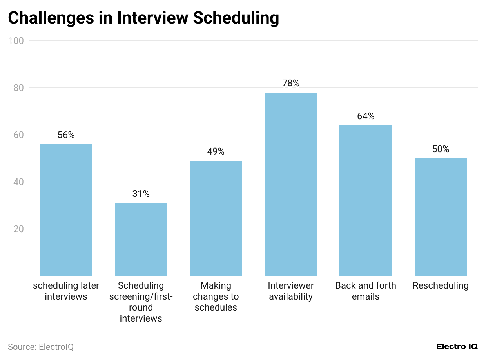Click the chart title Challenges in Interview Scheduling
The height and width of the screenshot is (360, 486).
[x=143, y=18]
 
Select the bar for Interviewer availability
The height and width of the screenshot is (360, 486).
[x=290, y=184]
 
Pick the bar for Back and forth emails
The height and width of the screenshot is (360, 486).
[x=365, y=200]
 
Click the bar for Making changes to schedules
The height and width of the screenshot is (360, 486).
[x=216, y=218]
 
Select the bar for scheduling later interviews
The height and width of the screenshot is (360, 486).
[x=66, y=210]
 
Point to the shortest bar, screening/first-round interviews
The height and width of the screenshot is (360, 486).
[x=141, y=239]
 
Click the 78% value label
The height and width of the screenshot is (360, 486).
[x=290, y=83]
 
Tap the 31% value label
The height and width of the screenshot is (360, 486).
[x=141, y=194]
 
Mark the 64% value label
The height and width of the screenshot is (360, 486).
[x=365, y=116]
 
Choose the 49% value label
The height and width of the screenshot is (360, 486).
[x=216, y=151]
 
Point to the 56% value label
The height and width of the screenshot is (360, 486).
[x=66, y=135]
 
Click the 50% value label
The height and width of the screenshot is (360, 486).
[x=440, y=149]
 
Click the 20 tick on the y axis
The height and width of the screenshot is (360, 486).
[x=18, y=229]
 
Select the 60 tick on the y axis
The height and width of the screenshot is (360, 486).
[x=18, y=135]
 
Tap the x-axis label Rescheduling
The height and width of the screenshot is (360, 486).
[x=440, y=285]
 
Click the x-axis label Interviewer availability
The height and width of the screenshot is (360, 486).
[x=290, y=291]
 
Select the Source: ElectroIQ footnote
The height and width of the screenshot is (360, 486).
[x=40, y=347]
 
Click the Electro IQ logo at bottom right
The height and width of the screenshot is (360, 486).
[x=457, y=347]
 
